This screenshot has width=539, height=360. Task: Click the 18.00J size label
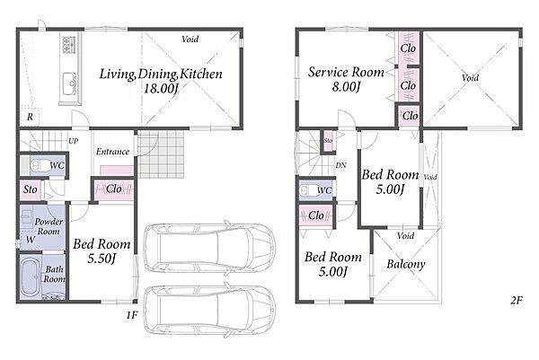(161, 89)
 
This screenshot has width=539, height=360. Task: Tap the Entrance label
(113, 152)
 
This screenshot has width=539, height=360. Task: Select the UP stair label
(74, 141)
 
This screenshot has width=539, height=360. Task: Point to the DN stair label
(340, 165)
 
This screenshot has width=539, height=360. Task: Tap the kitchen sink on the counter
(70, 83)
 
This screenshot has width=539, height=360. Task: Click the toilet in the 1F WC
(39, 166)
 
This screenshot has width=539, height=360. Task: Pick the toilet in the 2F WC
(307, 190)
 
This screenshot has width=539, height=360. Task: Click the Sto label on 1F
(31, 189)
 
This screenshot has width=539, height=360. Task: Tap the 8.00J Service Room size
(346, 86)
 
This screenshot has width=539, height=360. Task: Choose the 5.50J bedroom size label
(101, 259)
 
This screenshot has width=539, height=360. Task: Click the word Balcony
(406, 264)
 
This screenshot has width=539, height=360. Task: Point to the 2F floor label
(517, 301)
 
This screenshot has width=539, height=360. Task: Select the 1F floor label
(132, 315)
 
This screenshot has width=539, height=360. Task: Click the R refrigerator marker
(30, 117)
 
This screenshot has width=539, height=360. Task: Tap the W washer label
(31, 240)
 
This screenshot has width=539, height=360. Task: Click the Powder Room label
(49, 226)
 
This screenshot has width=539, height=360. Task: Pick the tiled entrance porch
(161, 154)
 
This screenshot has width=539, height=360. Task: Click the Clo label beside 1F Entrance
(114, 189)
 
